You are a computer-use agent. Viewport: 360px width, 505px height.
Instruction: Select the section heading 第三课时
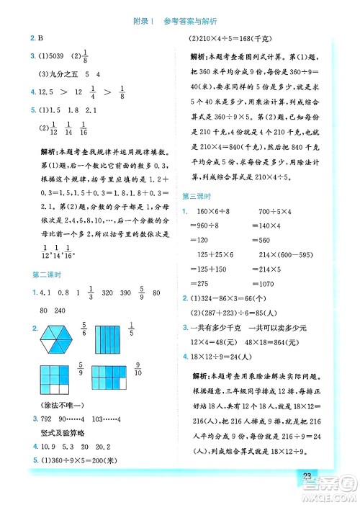(x=196, y=197)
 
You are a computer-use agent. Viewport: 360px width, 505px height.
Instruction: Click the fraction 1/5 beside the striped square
(x=151, y=331)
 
